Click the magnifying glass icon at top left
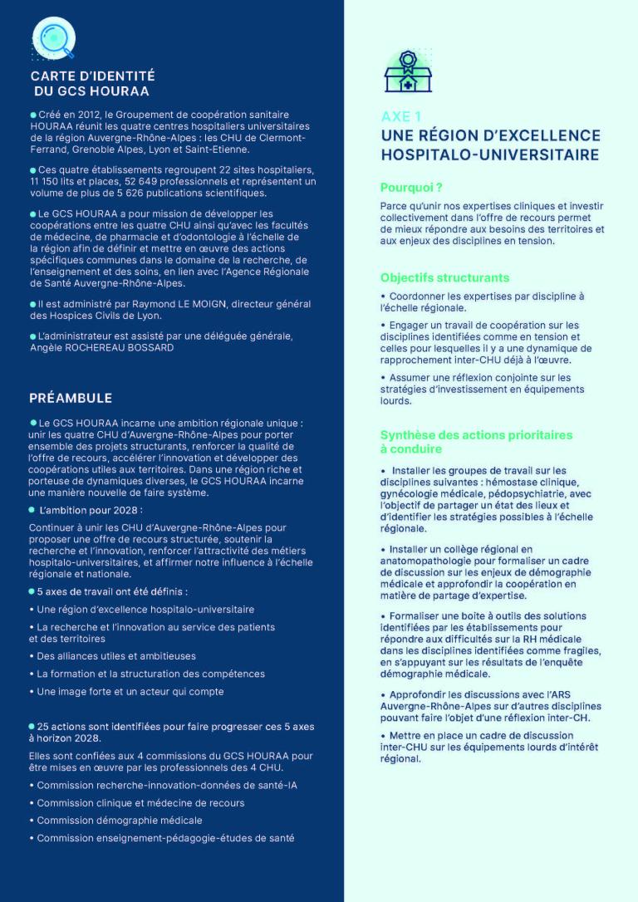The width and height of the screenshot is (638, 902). click(53, 36)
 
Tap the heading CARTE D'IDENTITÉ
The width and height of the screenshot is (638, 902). click(92, 76)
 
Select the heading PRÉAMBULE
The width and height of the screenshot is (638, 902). click(71, 398)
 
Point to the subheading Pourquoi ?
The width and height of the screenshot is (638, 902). click(410, 188)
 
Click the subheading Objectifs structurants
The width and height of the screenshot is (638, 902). click(444, 277)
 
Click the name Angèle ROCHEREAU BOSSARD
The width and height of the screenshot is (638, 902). click(102, 347)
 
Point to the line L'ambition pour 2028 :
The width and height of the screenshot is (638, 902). click(91, 509)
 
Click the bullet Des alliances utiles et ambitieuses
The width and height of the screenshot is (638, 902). click(116, 656)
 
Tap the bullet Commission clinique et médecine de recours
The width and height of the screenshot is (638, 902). click(140, 803)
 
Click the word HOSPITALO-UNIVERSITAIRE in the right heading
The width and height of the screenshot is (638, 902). click(489, 154)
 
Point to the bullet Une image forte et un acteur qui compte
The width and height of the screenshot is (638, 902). click(130, 692)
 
